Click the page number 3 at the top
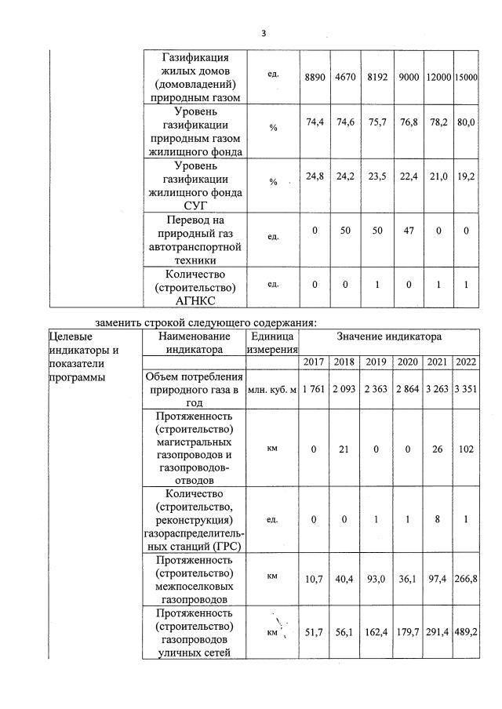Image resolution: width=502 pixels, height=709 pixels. (264, 33)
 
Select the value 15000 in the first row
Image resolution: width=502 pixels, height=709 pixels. (466, 78)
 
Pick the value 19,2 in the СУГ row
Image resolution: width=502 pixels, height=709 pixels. (466, 177)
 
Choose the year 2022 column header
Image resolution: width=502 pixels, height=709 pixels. (466, 362)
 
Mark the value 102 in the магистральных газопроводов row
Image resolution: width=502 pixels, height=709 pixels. (466, 449)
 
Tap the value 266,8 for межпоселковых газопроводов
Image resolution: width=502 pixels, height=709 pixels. (466, 578)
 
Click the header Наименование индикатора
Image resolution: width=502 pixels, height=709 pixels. (195, 342)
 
